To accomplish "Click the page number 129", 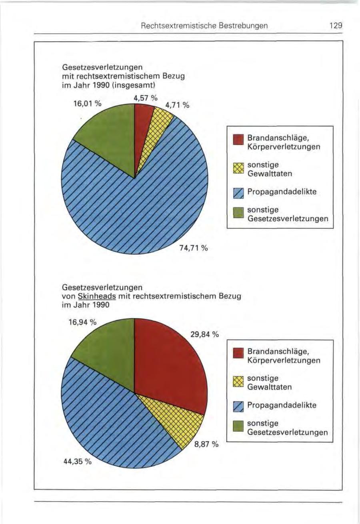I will click(x=335, y=26).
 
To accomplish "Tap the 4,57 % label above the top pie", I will click(x=146, y=98).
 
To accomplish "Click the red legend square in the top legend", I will click(x=238, y=140).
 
